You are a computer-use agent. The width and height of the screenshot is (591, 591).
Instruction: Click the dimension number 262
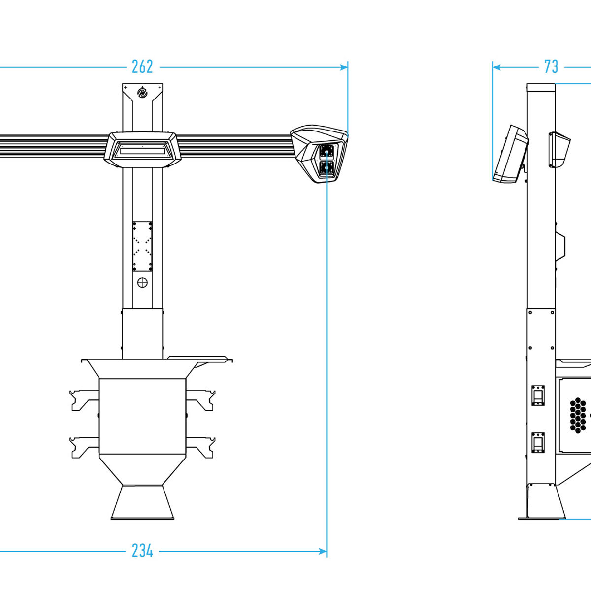coord(142,67)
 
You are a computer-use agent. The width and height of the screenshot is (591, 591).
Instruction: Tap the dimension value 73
coord(551,67)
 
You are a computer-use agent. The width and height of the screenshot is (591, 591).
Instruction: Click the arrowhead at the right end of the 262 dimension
coord(344,67)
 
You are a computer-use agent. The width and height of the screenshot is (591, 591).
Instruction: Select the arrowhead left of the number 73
coord(497,67)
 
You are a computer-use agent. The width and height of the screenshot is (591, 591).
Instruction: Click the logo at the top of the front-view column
coord(142,92)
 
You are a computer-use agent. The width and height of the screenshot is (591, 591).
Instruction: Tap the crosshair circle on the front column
coord(142,283)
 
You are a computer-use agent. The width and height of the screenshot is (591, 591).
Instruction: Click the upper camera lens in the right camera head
coord(327,152)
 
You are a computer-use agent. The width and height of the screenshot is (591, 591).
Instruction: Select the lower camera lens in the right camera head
coord(327,168)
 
